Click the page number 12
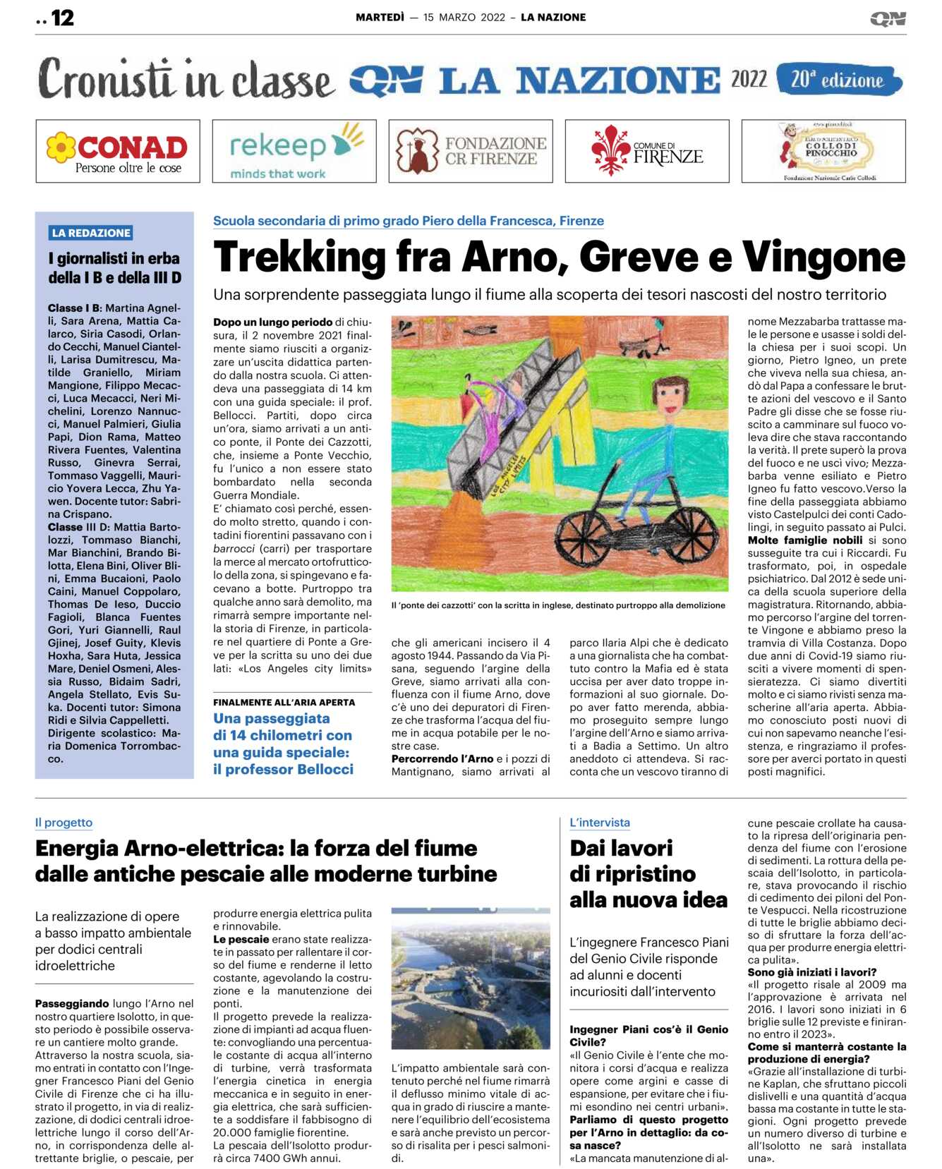coord(62,18)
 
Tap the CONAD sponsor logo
coord(118,151)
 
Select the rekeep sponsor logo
coord(294,151)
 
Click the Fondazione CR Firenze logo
coord(471,151)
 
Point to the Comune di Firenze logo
coord(647,151)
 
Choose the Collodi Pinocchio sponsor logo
coord(823,151)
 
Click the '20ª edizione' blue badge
coord(838,80)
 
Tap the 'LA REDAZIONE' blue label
coord(91,233)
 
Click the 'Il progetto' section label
coord(64,823)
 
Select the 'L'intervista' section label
coord(600,823)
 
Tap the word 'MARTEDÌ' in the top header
coord(380,18)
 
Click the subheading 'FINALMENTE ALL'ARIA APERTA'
coord(284,703)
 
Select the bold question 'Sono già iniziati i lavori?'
coord(812,972)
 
